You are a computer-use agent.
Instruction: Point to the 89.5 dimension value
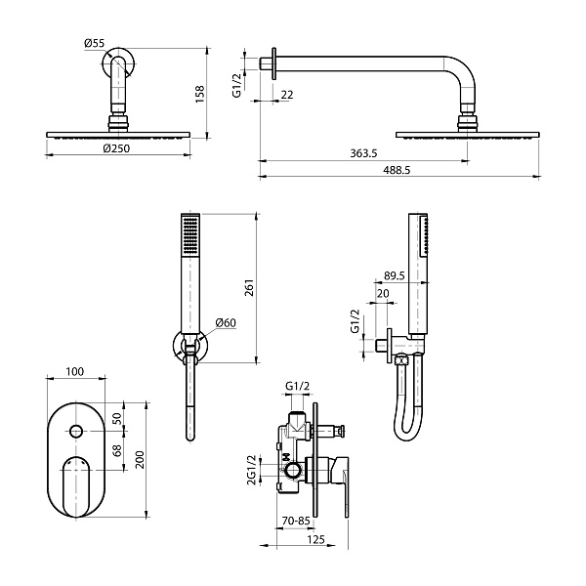[395, 276]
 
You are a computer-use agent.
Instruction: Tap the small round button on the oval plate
[76, 431]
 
